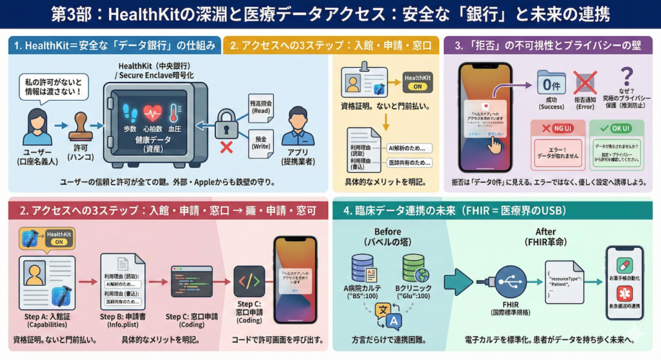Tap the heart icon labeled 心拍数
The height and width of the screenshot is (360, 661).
pos(152,114)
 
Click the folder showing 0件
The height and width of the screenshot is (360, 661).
pos(551,84)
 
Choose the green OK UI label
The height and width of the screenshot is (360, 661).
pos(616,128)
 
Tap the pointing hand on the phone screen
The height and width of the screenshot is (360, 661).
pos(494,145)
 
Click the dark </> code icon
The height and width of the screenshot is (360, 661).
pos(249,281)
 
